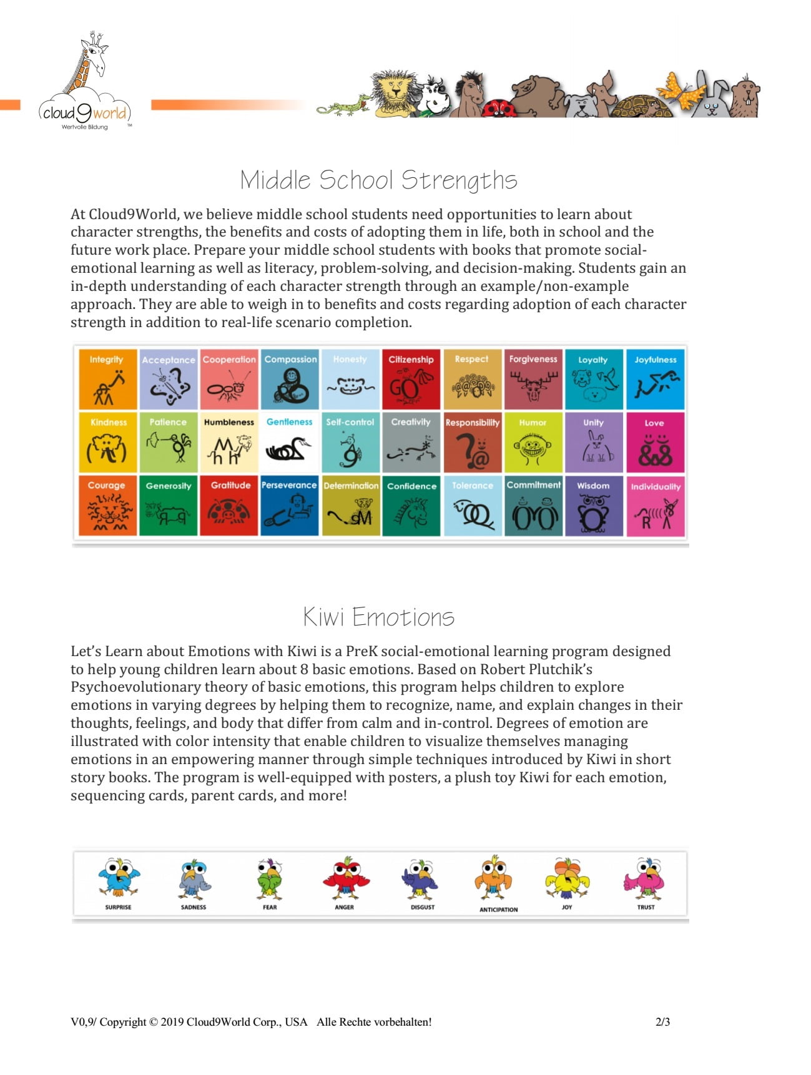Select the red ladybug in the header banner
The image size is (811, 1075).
[499, 107]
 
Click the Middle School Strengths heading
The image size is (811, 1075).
[378, 180]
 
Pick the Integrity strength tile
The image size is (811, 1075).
[107, 380]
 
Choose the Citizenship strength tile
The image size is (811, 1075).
[411, 380]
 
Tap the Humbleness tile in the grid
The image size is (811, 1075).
[229, 442]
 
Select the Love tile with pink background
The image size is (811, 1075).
[655, 442]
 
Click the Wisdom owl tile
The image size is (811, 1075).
[594, 506]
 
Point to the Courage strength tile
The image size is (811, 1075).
[107, 506]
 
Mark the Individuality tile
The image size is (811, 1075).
[655, 506]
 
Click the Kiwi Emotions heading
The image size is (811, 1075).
[378, 617]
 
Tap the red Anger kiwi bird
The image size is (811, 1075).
[345, 878]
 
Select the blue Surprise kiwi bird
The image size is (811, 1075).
[119, 876]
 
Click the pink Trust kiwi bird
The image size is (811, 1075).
[645, 876]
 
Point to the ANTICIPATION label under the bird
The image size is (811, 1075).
[498, 910]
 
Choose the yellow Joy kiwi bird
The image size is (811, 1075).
[567, 878]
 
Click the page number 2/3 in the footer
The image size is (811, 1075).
[662, 1022]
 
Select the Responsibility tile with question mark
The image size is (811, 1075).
[472, 442]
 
